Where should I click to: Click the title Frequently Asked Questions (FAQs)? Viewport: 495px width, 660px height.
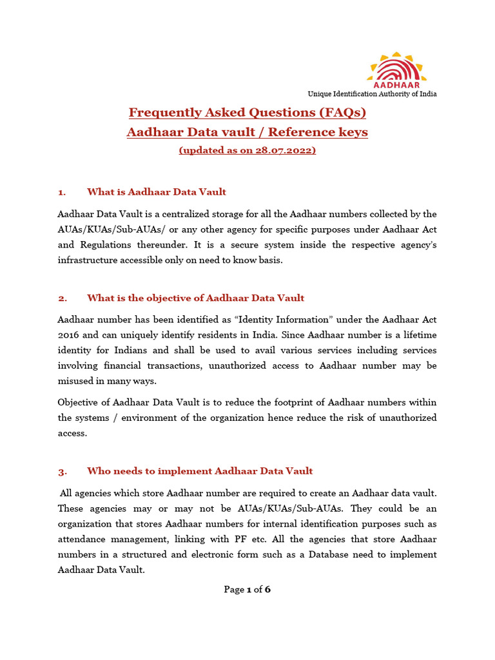coord(247,113)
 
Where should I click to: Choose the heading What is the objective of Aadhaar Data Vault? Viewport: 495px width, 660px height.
coord(195,298)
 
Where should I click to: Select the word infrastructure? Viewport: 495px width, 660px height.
coord(88,260)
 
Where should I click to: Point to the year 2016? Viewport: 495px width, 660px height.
coord(69,335)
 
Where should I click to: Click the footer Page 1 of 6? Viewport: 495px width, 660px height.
coord(247,589)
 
